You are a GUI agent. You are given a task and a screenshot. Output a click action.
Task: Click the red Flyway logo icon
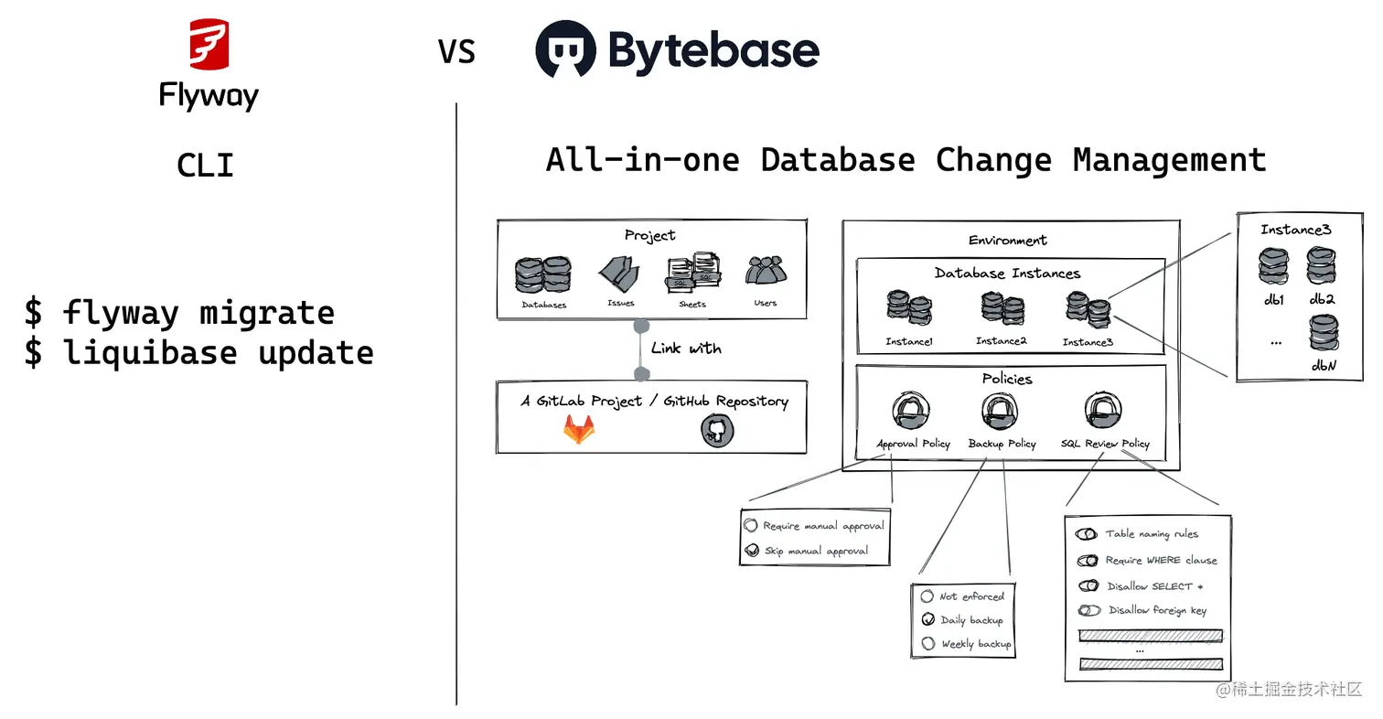(209, 45)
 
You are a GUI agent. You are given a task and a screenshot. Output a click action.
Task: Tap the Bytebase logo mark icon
(565, 50)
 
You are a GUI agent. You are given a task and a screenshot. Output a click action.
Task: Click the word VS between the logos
(456, 52)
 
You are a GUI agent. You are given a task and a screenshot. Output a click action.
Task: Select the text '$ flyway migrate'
(179, 313)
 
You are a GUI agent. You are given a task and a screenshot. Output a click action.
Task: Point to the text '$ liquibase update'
(198, 352)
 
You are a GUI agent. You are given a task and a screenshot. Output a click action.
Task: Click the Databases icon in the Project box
(543, 274)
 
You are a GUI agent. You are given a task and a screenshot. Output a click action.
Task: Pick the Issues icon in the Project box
(619, 274)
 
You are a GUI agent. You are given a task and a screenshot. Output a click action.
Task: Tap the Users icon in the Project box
(766, 272)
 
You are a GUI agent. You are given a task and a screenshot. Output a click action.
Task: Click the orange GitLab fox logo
(578, 429)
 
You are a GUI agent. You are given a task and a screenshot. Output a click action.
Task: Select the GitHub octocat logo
(718, 429)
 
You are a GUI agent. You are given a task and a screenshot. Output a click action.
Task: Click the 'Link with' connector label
(686, 349)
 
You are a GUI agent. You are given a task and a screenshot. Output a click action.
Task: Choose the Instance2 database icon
(1002, 310)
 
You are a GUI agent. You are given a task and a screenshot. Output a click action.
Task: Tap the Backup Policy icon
(1001, 413)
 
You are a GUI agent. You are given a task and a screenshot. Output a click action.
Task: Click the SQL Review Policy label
(1105, 444)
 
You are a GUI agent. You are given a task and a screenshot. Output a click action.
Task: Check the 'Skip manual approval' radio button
(751, 551)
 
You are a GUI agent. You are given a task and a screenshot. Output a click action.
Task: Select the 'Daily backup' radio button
(928, 619)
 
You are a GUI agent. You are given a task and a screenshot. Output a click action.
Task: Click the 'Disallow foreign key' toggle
(1088, 610)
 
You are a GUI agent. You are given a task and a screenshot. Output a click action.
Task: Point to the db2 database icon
(1322, 266)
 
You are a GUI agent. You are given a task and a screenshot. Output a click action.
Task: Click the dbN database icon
(1322, 334)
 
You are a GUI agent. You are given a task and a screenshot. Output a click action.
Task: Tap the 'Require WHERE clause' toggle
(1088, 560)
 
